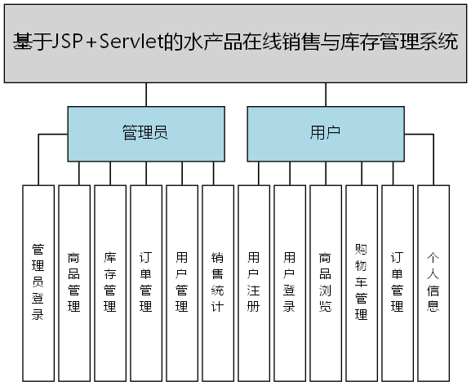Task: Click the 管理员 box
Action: point(145,133)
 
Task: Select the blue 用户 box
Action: point(325,133)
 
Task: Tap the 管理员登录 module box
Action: point(38,282)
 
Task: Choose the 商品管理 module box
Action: point(74,282)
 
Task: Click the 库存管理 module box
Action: point(110,282)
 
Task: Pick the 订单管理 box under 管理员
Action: point(146,282)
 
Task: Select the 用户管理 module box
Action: point(182,282)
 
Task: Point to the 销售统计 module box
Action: point(218,282)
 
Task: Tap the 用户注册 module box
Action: point(254,282)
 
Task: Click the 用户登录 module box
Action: point(290,282)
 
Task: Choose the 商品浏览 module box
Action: point(326,282)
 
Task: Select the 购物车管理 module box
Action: point(362,282)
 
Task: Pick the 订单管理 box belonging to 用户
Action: point(398,282)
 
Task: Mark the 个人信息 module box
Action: point(433,282)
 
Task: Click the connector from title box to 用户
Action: point(325,95)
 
